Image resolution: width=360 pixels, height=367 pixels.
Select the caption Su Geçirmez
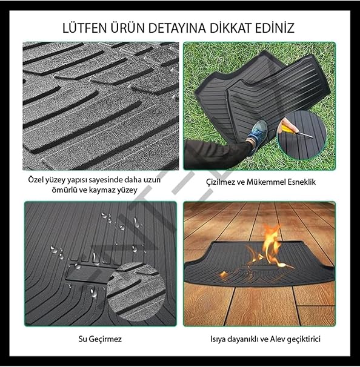(x=100, y=339)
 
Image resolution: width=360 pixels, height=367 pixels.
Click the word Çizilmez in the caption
(x=221, y=182)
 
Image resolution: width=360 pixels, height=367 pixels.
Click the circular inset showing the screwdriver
(x=302, y=135)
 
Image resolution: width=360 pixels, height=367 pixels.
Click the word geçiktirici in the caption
(x=304, y=339)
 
